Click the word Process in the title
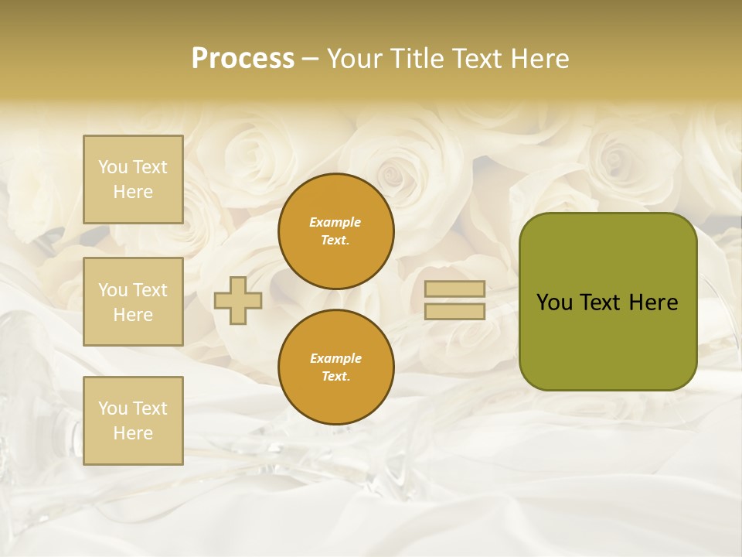pyautogui.click(x=243, y=59)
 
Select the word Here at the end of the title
pyautogui.click(x=538, y=59)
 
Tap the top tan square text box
pyautogui.click(x=133, y=179)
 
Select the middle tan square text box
pyautogui.click(x=133, y=302)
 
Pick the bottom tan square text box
pyautogui.click(x=133, y=421)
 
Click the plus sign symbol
pyautogui.click(x=237, y=300)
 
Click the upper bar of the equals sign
pyautogui.click(x=454, y=289)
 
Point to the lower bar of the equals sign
pyautogui.click(x=454, y=311)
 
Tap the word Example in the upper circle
pyautogui.click(x=335, y=222)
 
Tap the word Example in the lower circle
pyautogui.click(x=335, y=358)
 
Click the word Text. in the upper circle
pyautogui.click(x=335, y=240)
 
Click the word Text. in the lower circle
pyautogui.click(x=335, y=376)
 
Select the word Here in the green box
pyautogui.click(x=653, y=302)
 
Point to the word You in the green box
pyautogui.click(x=553, y=302)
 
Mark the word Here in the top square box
pyautogui.click(x=133, y=192)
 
